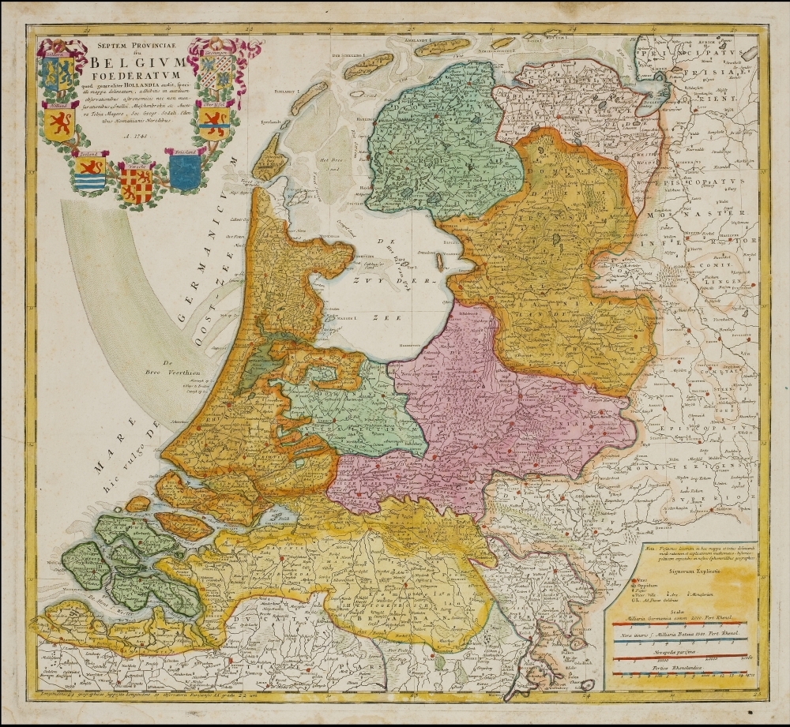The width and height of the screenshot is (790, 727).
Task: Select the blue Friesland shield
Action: (x=185, y=171)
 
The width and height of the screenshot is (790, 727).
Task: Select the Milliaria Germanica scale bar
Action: (x=680, y=624)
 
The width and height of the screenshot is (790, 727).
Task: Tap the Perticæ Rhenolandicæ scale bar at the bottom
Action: (x=680, y=676)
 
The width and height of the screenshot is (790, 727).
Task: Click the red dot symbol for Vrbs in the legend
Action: (x=621, y=579)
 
